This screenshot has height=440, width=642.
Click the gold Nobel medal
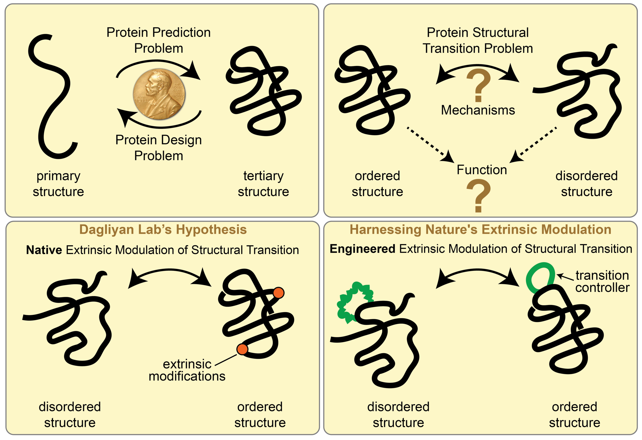(159, 94)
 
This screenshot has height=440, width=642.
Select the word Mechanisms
(478, 110)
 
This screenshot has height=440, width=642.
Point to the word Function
(482, 170)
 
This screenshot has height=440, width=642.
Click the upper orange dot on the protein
(278, 293)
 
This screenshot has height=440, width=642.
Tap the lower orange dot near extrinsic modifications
(242, 349)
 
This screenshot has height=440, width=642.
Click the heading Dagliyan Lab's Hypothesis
(163, 230)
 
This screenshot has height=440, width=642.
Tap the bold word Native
(44, 250)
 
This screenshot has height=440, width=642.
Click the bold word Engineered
(362, 249)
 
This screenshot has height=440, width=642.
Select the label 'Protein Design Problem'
(159, 148)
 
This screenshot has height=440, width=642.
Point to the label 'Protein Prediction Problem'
(159, 40)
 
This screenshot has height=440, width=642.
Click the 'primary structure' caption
(58, 184)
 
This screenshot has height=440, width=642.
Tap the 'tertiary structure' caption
(263, 184)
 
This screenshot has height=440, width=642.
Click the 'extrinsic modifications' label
(187, 370)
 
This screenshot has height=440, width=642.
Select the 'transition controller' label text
(602, 281)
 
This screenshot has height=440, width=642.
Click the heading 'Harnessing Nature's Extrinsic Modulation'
(480, 230)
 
